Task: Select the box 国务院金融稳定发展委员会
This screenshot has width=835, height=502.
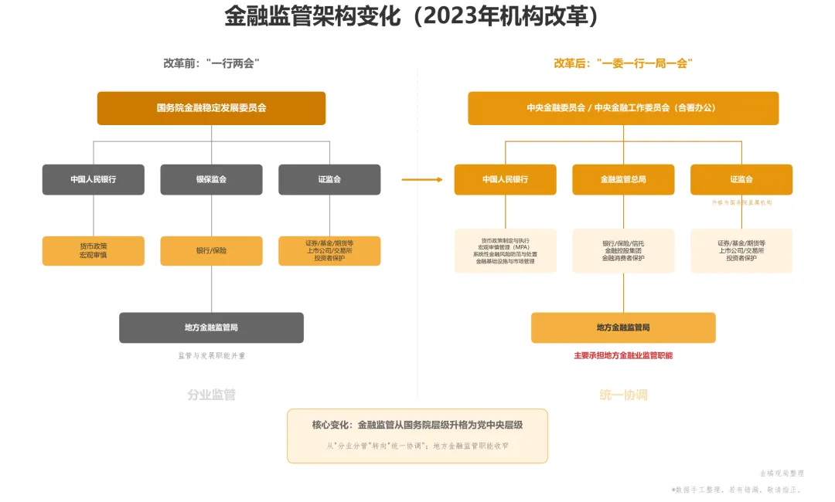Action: pyautogui.click(x=211, y=108)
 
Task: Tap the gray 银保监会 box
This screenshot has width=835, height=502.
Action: pyautogui.click(x=211, y=179)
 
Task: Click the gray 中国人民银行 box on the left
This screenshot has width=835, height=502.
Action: pyautogui.click(x=93, y=179)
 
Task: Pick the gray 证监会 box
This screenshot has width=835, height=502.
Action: pyautogui.click(x=329, y=179)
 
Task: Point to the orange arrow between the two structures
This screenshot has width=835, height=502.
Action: pyautogui.click(x=422, y=180)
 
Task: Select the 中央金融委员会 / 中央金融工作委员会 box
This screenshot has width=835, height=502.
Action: pyautogui.click(x=623, y=108)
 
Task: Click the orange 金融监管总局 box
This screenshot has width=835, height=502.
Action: pyautogui.click(x=623, y=179)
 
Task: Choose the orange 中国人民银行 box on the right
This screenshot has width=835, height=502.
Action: pyautogui.click(x=505, y=179)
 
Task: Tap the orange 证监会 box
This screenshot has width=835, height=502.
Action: pyautogui.click(x=741, y=179)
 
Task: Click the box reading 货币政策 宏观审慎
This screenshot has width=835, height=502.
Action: pyautogui.click(x=93, y=250)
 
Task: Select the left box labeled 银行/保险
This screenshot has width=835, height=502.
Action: pyautogui.click(x=211, y=250)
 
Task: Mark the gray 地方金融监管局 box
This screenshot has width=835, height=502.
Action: pyautogui.click(x=211, y=327)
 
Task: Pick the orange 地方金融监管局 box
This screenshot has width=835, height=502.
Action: pyautogui.click(x=623, y=327)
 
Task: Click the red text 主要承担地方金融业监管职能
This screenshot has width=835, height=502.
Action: pyautogui.click(x=623, y=356)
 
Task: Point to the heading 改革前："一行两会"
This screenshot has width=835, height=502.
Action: pyautogui.click(x=211, y=63)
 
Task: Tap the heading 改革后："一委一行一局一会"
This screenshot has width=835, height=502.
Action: pyautogui.click(x=623, y=63)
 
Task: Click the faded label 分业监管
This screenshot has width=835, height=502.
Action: pyautogui.click(x=211, y=395)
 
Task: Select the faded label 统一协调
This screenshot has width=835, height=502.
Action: pyautogui.click(x=623, y=395)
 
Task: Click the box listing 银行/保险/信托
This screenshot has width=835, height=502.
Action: pyautogui.click(x=623, y=250)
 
